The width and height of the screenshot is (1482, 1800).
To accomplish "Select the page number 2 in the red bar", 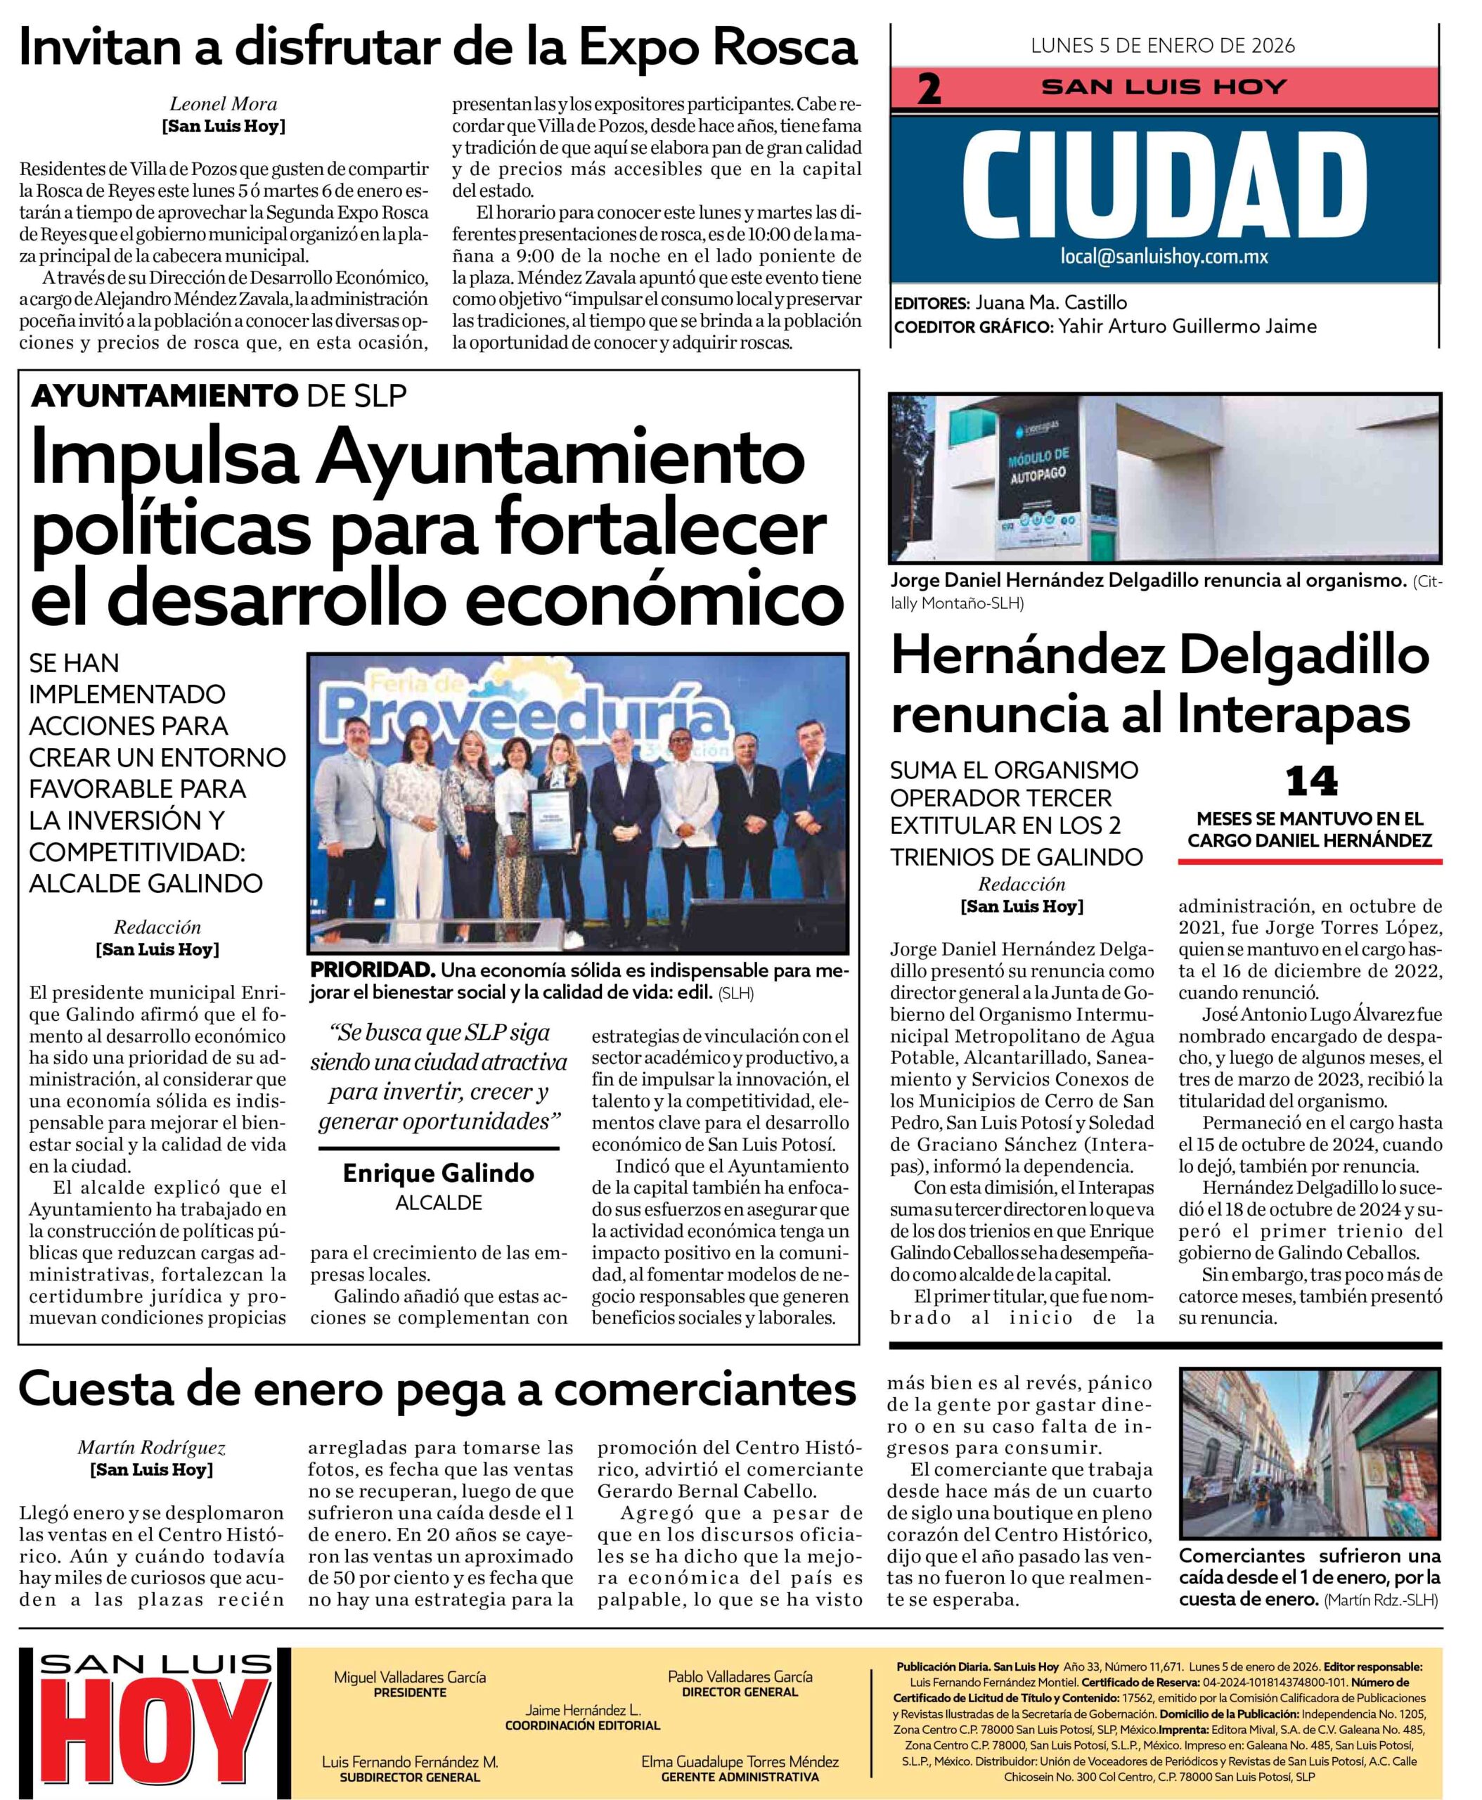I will (x=929, y=89).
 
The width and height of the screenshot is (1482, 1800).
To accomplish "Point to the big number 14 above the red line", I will (x=1311, y=782).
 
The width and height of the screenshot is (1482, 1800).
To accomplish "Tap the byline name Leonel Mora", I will (x=224, y=104).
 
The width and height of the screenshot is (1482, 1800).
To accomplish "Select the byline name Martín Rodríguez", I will (x=152, y=1447).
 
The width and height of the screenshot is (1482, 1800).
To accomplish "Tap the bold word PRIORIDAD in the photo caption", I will (x=372, y=971).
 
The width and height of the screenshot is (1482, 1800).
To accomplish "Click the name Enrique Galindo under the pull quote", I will (x=438, y=1174).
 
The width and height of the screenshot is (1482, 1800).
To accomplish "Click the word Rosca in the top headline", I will (x=784, y=48).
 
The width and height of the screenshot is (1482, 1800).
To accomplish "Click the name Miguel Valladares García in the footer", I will (x=409, y=1677).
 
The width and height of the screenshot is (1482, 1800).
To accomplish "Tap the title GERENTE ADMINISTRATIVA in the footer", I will (x=740, y=1777).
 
